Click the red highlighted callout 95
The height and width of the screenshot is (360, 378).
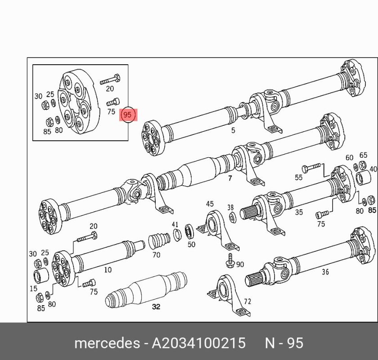pos(127,115)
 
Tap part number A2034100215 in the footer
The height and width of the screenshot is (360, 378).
pos(198,343)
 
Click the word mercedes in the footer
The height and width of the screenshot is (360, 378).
pos(107,343)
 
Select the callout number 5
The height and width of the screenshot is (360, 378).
pos(233,130)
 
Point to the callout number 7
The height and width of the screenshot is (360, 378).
pos(230,178)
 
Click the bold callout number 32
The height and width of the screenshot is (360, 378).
pos(156,307)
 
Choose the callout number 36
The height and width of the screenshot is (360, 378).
pos(325,272)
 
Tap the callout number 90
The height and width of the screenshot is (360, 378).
pos(240,264)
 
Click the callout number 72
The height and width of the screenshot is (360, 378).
pos(247,302)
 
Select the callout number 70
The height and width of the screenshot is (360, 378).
pos(156,255)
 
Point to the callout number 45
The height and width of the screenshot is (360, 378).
pos(210,204)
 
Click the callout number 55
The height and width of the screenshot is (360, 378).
pos(298,178)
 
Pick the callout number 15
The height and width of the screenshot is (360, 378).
pos(33,288)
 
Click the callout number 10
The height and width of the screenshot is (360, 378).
pos(108,270)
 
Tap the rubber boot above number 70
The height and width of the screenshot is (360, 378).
pos(158,240)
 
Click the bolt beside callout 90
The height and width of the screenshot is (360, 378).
pos(230,261)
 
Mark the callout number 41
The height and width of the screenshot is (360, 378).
pos(175,224)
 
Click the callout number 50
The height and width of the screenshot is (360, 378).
pos(191,244)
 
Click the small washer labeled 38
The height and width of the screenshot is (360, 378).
pos(232,218)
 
